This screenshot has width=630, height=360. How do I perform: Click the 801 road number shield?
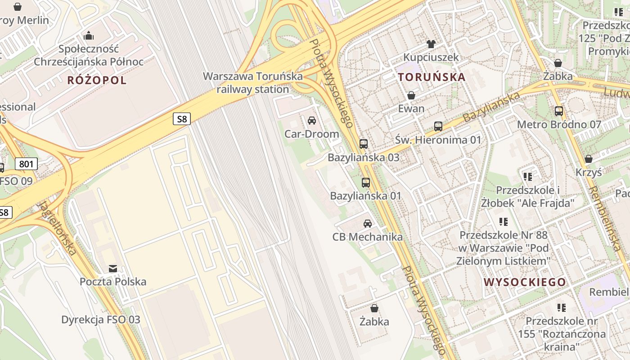[26, 164]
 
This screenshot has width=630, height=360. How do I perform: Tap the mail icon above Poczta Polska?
[113, 269]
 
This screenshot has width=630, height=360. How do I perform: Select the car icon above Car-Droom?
[311, 121]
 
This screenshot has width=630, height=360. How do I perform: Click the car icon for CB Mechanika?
[368, 223]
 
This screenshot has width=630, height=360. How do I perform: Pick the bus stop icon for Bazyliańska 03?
[364, 144]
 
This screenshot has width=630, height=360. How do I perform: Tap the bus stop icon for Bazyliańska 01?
[366, 183]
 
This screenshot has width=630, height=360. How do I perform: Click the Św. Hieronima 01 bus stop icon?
[438, 126]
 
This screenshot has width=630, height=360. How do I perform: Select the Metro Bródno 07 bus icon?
[559, 111]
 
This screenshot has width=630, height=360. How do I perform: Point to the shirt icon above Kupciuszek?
[431, 44]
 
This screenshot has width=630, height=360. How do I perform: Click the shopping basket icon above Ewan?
[411, 95]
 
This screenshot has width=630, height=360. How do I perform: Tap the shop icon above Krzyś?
[589, 159]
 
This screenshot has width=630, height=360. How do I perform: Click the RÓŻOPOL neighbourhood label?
[97, 81]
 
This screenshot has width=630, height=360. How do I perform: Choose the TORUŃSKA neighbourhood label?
[432, 77]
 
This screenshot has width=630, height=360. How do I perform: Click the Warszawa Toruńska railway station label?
[253, 83]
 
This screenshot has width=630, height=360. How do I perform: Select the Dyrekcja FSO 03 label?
[101, 320]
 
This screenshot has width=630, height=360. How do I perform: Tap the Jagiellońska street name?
[57, 228]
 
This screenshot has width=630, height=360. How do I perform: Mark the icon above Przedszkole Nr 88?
[503, 222]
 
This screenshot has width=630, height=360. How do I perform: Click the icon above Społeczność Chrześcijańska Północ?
[89, 35]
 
